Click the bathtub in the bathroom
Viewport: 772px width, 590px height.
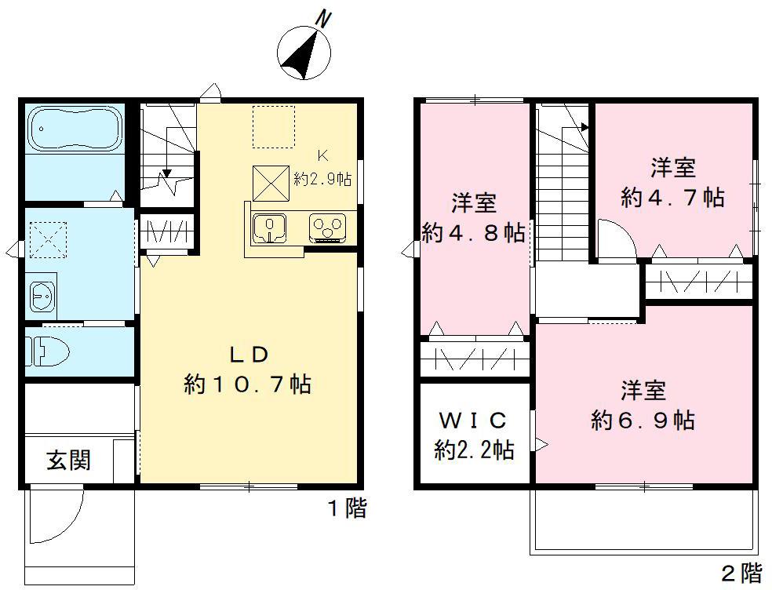point(74,129)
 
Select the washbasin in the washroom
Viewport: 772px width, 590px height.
point(41,295)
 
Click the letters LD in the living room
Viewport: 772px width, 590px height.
point(249,355)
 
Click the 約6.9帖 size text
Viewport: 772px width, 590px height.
point(643,421)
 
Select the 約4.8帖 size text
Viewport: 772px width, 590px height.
point(473,233)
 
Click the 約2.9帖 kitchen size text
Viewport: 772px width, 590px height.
point(322,178)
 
